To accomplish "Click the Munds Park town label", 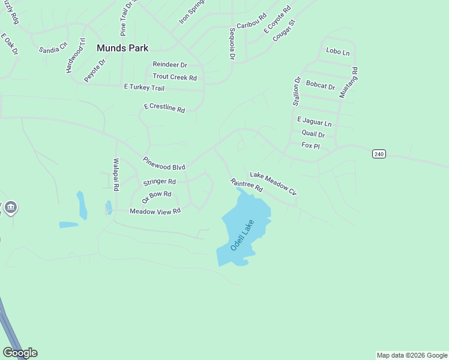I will pyautogui.click(x=122, y=47).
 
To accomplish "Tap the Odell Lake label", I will pyautogui.click(x=243, y=235).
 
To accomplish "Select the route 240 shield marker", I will pyautogui.click(x=378, y=154).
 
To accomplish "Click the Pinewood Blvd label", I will pyautogui.click(x=164, y=163).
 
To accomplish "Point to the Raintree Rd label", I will pyautogui.click(x=247, y=185).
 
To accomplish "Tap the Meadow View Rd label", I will pyautogui.click(x=155, y=211).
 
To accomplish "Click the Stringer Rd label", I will pyautogui.click(x=159, y=182).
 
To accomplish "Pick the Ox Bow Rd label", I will pyautogui.click(x=157, y=197).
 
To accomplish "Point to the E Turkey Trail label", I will pyautogui.click(x=144, y=88).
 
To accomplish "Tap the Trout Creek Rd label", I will pyautogui.click(x=175, y=77).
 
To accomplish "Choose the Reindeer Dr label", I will pyautogui.click(x=170, y=64).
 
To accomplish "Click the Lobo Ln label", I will pyautogui.click(x=337, y=52).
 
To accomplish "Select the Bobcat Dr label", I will pyautogui.click(x=320, y=85).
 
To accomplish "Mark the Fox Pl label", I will pyautogui.click(x=310, y=146).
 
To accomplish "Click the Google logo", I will pyautogui.click(x=20, y=353).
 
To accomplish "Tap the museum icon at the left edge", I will pyautogui.click(x=10, y=208).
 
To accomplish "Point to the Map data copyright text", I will pyautogui.click(x=412, y=355).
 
